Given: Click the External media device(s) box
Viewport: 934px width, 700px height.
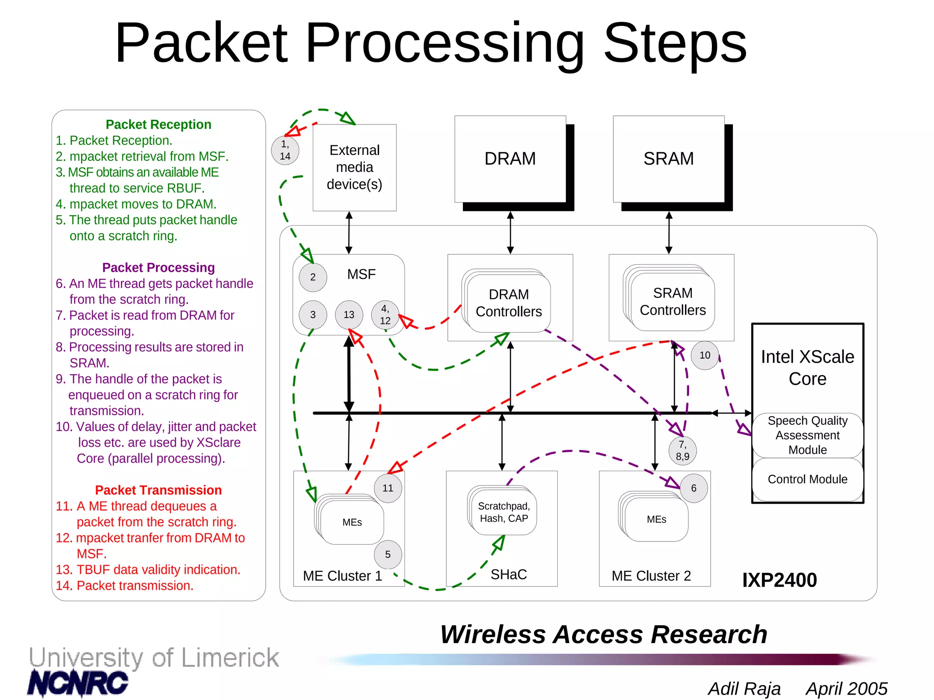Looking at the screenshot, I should click(x=354, y=167).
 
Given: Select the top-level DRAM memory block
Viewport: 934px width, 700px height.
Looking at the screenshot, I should click(x=510, y=159).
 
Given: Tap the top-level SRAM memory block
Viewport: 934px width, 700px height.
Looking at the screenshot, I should click(x=669, y=159).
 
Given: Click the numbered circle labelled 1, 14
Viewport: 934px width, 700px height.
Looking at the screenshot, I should click(x=285, y=150).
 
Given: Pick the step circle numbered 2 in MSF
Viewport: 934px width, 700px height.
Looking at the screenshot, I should click(x=313, y=277).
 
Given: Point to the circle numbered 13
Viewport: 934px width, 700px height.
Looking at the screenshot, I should click(x=349, y=314).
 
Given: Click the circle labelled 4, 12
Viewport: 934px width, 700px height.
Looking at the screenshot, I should click(x=385, y=314).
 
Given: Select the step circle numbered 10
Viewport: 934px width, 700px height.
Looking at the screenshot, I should click(x=705, y=355).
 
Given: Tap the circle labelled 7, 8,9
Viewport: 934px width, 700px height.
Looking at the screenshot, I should click(x=682, y=450).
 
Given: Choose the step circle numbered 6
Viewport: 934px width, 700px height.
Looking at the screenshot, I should click(x=694, y=488).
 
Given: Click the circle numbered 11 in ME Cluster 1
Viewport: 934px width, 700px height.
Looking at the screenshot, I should click(x=388, y=488).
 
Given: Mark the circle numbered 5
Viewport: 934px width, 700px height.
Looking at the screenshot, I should click(x=388, y=554).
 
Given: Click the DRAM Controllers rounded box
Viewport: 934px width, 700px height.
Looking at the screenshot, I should click(x=509, y=303).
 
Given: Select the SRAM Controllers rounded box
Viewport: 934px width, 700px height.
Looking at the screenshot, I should click(x=673, y=301).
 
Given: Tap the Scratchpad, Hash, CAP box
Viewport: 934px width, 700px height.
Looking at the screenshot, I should click(x=504, y=512).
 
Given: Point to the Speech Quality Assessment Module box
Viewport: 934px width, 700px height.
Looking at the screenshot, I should click(x=807, y=435).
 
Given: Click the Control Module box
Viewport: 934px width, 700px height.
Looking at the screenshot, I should click(x=807, y=479).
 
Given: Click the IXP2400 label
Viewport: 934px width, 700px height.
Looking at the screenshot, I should click(x=779, y=580).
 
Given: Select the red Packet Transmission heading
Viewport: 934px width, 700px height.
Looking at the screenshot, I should click(x=158, y=490).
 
